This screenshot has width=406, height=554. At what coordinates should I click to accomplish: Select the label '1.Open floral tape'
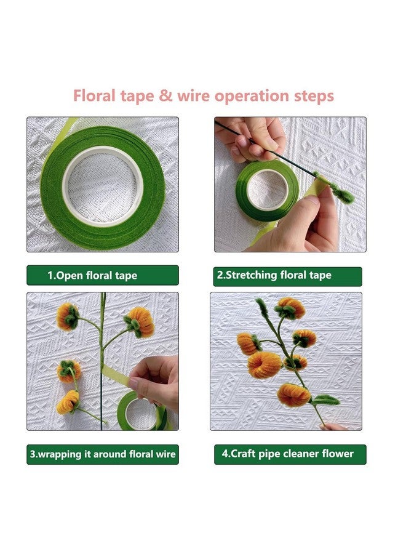coord(102,275)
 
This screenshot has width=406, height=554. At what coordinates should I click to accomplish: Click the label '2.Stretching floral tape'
coord(288,275)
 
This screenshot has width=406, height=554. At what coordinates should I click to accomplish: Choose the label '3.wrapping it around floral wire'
coord(103,454)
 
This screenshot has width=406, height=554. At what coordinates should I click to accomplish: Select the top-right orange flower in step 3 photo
coord(141,322)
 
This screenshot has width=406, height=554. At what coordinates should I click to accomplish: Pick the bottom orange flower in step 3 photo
coord(68,402)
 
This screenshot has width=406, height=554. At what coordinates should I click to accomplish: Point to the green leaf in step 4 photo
coord(326,400)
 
